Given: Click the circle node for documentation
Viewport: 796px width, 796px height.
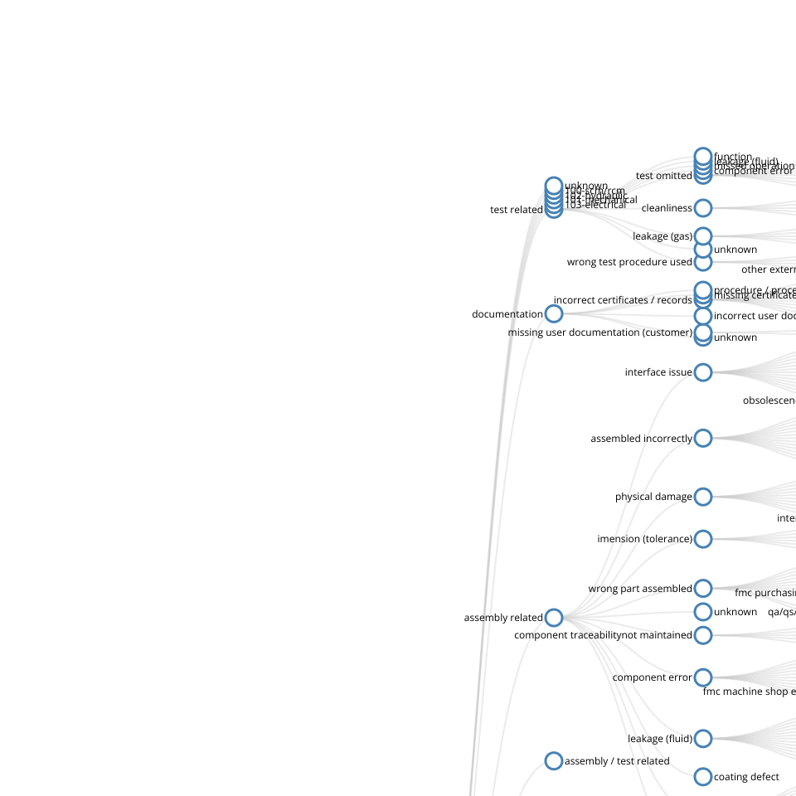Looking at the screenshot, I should pyautogui.click(x=554, y=313).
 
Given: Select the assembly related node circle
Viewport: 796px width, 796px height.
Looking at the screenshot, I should pyautogui.click(x=554, y=618).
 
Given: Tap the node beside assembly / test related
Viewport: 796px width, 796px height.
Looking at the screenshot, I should pyautogui.click(x=554, y=760).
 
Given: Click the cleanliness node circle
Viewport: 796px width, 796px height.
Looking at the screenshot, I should pyautogui.click(x=703, y=207).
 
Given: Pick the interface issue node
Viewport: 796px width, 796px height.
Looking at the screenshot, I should pyautogui.click(x=703, y=372).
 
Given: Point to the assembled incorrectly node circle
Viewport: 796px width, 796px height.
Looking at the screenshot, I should pyautogui.click(x=703, y=438).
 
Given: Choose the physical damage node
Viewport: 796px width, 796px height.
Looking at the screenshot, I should pyautogui.click(x=703, y=497).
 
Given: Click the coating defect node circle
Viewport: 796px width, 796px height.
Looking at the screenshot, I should pyautogui.click(x=703, y=777).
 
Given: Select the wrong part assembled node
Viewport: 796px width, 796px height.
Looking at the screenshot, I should pyautogui.click(x=703, y=589).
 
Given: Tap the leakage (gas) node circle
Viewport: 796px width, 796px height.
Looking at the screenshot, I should pyautogui.click(x=703, y=235).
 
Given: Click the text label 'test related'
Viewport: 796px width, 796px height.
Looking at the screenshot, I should pyautogui.click(x=517, y=210).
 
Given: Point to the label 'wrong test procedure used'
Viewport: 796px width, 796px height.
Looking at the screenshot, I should pyautogui.click(x=629, y=262).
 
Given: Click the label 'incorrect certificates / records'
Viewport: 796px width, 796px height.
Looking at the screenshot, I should pyautogui.click(x=623, y=300).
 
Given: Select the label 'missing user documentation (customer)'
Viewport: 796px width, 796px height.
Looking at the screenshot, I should pyautogui.click(x=599, y=332).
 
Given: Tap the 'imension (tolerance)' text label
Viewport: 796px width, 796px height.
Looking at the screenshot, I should pyautogui.click(x=644, y=539).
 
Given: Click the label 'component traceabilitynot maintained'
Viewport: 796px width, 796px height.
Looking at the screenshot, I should pyautogui.click(x=603, y=635).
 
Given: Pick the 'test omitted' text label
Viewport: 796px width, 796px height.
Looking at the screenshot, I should pyautogui.click(x=663, y=176).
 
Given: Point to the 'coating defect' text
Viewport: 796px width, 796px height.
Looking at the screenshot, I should pyautogui.click(x=746, y=777).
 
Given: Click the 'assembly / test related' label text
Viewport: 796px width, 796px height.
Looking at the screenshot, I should pyautogui.click(x=617, y=761).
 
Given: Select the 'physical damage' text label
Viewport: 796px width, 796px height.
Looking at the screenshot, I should pyautogui.click(x=653, y=497).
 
